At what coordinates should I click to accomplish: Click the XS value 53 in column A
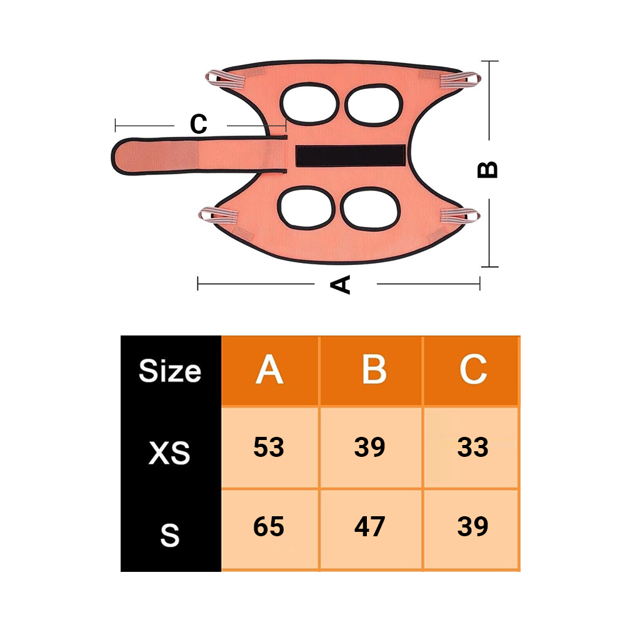[x=269, y=447]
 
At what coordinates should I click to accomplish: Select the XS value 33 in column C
[x=472, y=447]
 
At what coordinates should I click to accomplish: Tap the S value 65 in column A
[x=269, y=526]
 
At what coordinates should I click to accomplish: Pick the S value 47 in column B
[x=370, y=526]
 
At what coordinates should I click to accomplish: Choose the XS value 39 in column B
[x=370, y=447]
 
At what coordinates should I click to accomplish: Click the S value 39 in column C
[x=472, y=526]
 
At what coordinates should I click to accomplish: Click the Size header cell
[x=170, y=371]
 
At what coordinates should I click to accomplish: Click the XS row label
[x=169, y=452]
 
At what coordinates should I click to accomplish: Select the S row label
[x=170, y=536]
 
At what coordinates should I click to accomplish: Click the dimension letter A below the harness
[x=341, y=284]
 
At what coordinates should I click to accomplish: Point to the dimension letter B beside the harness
[x=487, y=170]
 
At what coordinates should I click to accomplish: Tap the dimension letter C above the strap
[x=199, y=124]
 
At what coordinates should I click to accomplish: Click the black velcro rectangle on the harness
[x=351, y=156]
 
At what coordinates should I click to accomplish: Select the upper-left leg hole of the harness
[x=309, y=104]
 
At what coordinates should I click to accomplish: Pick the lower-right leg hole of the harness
[x=371, y=209]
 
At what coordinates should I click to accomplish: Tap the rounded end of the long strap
[x=119, y=157]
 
